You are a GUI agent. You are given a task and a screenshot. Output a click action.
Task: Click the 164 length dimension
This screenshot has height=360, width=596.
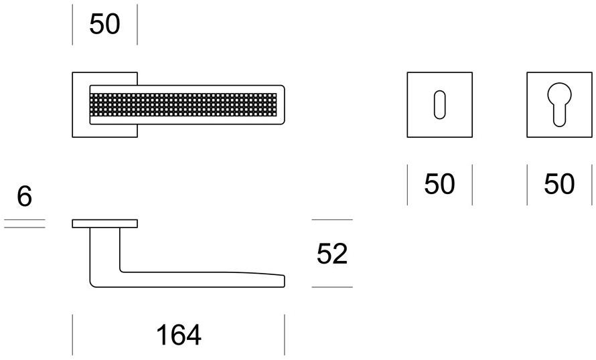pos(179,335)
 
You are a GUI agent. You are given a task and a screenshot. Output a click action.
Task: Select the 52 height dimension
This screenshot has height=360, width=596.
pos(332,254)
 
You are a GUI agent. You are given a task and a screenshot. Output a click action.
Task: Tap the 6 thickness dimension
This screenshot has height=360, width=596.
pos(24,196)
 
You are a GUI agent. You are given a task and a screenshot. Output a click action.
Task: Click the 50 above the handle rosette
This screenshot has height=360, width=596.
pos(104,24)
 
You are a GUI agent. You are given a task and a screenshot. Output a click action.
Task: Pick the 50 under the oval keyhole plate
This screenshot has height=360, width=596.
pos(439,184)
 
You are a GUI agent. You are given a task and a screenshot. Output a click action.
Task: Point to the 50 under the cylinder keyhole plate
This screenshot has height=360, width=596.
pos(559,184)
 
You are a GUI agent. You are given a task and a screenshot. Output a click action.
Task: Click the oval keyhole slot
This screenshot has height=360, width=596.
pos(439,104)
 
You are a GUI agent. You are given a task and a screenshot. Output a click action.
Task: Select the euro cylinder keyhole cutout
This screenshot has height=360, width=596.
pos(559,104)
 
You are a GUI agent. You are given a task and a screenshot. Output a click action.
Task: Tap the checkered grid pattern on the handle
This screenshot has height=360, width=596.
pos(183,104)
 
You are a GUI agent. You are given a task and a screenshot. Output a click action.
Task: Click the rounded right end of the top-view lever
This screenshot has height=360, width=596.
pos(283,104)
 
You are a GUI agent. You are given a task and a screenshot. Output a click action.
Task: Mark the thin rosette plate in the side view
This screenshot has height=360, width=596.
pos(105,223)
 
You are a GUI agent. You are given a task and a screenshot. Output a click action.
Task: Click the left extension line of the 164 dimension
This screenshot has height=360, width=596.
pos(72,335)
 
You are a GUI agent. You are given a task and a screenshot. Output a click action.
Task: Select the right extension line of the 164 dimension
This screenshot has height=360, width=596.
pos(285,335)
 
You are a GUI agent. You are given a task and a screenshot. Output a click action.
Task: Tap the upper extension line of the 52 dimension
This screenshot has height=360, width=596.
pos(332,219)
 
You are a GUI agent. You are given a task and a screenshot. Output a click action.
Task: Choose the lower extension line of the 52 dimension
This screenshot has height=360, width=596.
pos(332,287)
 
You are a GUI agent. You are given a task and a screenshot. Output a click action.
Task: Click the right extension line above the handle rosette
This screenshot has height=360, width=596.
pos(137,25)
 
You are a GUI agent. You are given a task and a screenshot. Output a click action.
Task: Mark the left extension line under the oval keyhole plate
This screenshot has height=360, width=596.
pos(407,185)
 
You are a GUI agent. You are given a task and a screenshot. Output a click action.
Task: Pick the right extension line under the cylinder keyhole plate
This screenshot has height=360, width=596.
pos(592,185)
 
